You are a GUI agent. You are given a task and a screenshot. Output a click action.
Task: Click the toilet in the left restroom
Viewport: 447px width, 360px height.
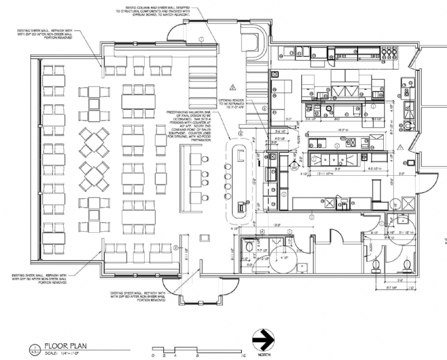coord(250,244)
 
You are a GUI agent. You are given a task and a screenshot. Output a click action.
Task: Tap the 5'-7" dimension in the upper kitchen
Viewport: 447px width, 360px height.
coord(289,118)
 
